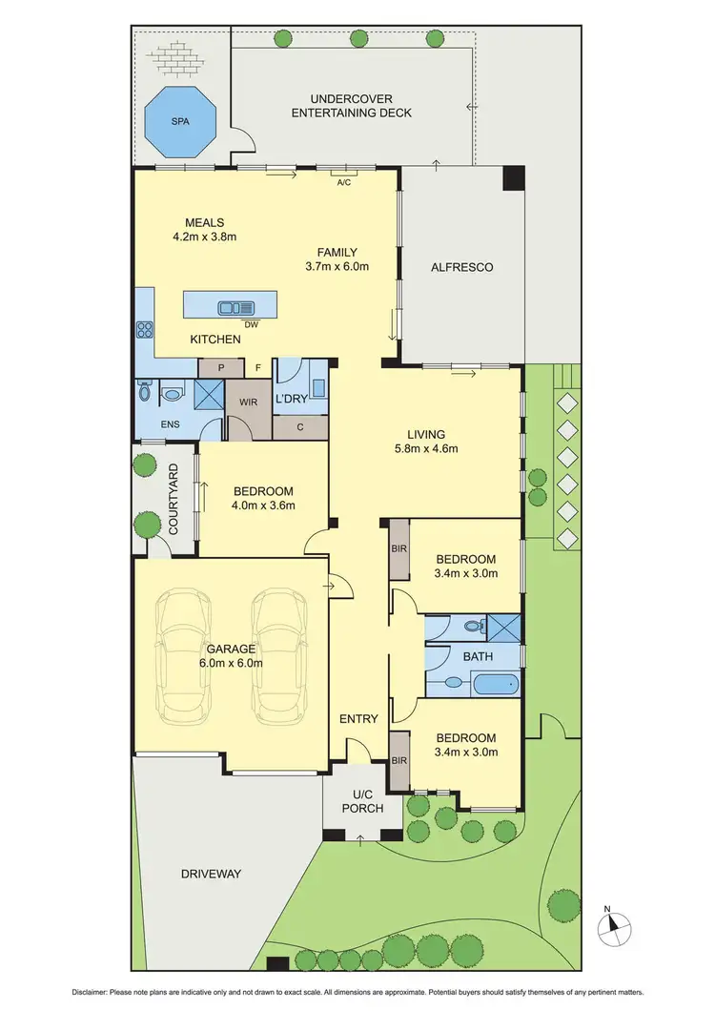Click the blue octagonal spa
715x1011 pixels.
click(x=180, y=123)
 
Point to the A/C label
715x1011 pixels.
click(x=344, y=183)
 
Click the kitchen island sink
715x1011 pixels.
click(x=235, y=307)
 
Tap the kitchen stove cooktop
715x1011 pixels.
click(x=146, y=331)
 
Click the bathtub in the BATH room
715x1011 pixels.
click(x=495, y=683)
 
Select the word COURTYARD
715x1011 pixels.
click(x=174, y=501)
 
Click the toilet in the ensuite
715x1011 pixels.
click(x=144, y=391)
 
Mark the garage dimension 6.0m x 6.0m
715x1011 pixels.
click(x=230, y=664)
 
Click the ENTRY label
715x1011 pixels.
click(x=358, y=719)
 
